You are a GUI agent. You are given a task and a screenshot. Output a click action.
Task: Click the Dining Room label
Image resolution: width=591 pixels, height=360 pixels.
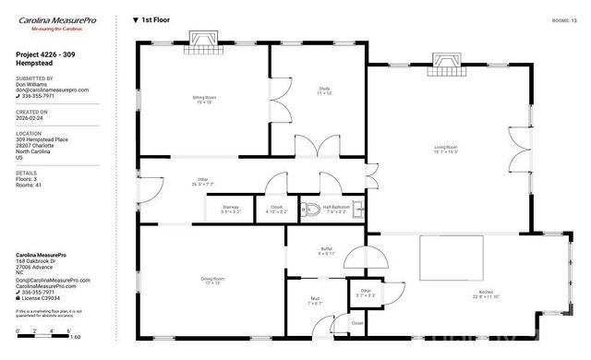[212, 281]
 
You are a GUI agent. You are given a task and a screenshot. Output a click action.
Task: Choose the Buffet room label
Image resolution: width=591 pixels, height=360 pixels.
[326, 250]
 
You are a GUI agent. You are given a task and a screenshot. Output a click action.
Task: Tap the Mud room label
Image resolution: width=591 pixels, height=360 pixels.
[315, 301]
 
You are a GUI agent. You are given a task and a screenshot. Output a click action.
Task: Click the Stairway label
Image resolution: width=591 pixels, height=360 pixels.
[231, 209]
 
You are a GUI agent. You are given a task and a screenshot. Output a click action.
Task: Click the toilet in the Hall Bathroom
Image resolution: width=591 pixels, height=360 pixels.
[312, 209]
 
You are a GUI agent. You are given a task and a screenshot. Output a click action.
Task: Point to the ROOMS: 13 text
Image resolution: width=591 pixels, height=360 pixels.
[564, 18]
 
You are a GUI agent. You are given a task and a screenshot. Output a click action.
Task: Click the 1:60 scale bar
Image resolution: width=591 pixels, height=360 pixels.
[48, 331]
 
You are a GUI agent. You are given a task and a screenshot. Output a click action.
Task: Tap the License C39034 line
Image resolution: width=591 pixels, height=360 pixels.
[42, 298]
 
